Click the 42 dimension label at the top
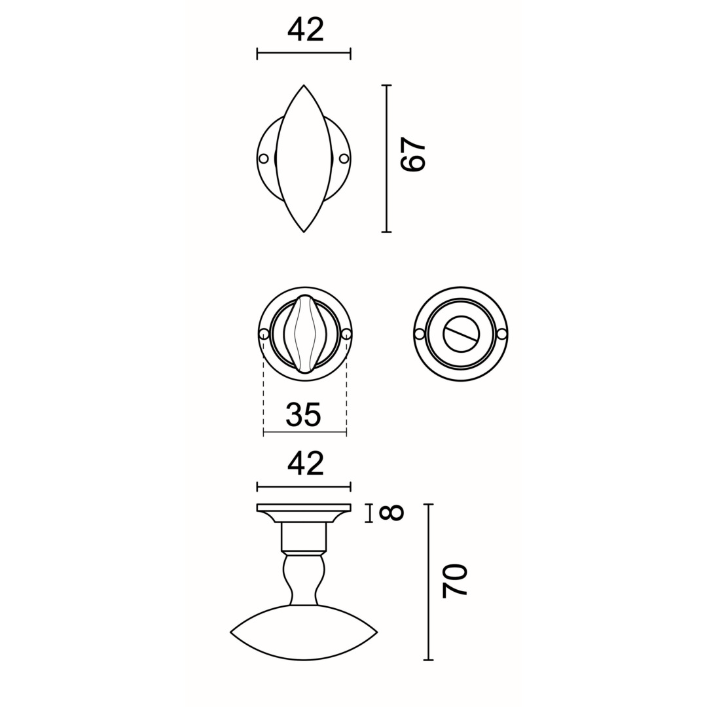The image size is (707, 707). click(x=305, y=29)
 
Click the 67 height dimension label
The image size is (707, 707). click(x=413, y=155)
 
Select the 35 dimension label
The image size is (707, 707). click(x=303, y=414)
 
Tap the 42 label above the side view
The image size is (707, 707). click(x=305, y=463)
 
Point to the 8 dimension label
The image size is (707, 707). click(x=391, y=513)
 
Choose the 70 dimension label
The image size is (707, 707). click(x=454, y=580)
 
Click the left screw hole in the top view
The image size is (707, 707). click(x=264, y=158)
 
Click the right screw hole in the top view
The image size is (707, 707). click(x=344, y=158)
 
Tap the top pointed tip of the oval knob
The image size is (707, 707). click(x=304, y=86)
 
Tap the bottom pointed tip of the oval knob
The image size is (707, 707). click(x=304, y=231)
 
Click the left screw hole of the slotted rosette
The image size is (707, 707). click(x=420, y=334)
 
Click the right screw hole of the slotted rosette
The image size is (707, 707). click(x=502, y=334)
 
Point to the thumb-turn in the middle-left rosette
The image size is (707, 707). click(x=304, y=334)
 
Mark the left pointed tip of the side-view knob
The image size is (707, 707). click(x=231, y=632)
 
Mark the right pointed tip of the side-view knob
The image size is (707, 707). click(x=376, y=632)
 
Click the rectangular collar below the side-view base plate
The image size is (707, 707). click(x=304, y=537)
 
